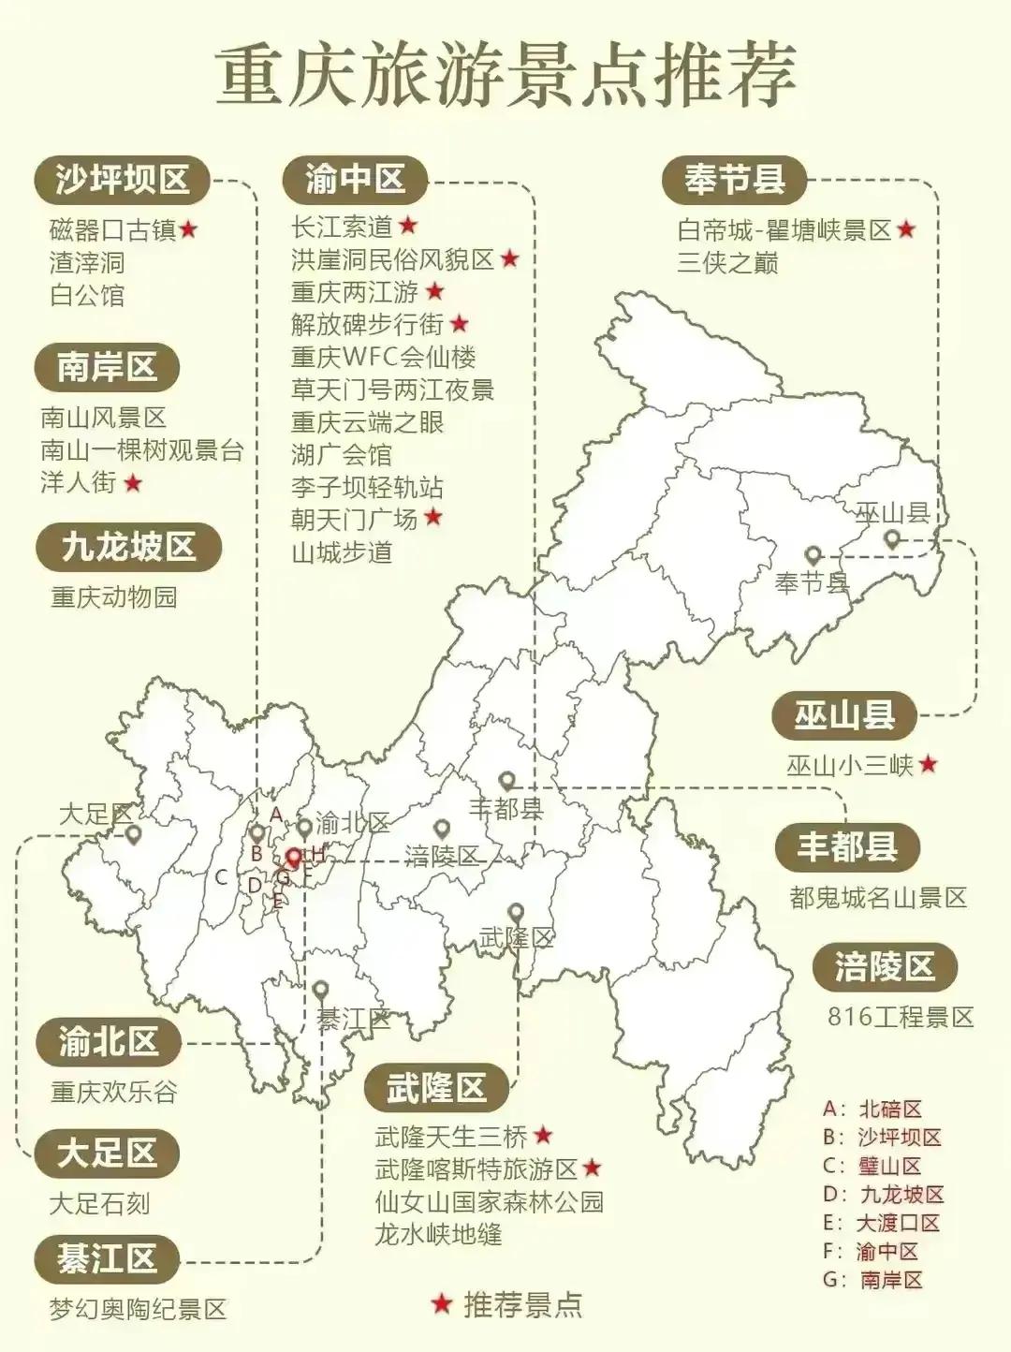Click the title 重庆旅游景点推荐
[505, 75]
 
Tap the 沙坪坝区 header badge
[122, 180]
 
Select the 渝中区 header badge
[355, 179]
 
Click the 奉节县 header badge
[734, 180]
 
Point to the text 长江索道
[342, 227]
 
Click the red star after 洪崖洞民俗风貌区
[509, 258]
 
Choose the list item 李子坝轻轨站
[367, 487]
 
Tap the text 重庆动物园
[113, 597]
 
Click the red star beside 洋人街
[133, 483]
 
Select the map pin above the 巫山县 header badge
[892, 538]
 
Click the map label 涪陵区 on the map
[442, 855]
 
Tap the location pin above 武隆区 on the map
[515, 912]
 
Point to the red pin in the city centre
[293, 858]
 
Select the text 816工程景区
[900, 1017]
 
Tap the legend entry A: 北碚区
[872, 1110]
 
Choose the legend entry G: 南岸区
[872, 1280]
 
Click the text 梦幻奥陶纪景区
[138, 1309]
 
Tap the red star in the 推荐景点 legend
[440, 1303]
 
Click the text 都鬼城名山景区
[878, 898]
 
